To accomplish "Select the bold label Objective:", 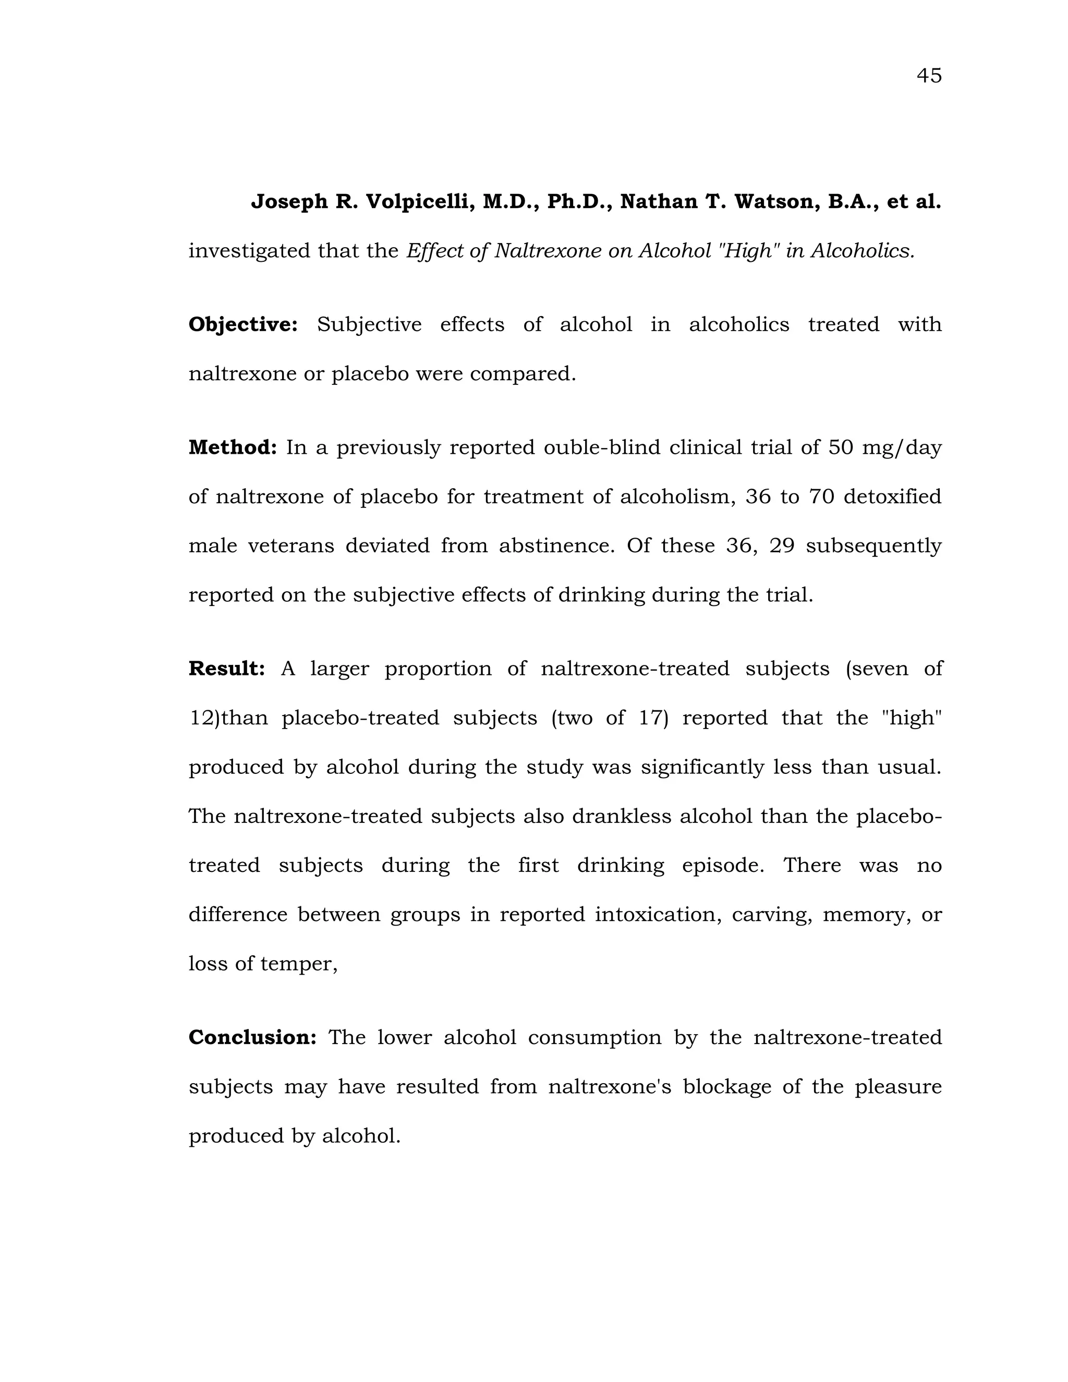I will (x=243, y=324).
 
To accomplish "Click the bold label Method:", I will (x=233, y=447).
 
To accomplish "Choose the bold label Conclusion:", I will (x=252, y=1037).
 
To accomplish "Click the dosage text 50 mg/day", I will (x=884, y=448).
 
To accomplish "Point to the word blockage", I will (x=727, y=1086).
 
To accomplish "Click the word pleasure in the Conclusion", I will (x=898, y=1086).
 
